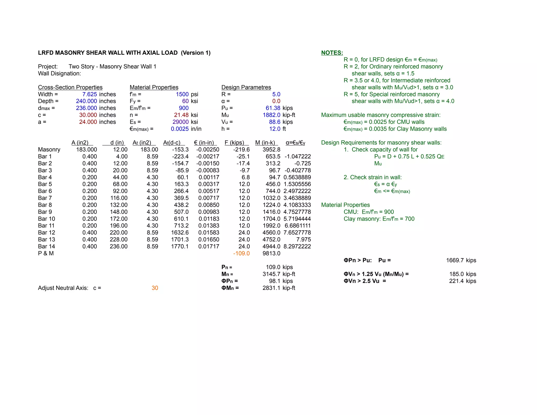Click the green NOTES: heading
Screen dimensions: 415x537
[x=332, y=53]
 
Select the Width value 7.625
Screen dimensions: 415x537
[x=89, y=94]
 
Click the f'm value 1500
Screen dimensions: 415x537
[x=182, y=94]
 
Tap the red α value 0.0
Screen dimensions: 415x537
[x=276, y=101]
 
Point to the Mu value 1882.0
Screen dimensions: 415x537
[x=271, y=115]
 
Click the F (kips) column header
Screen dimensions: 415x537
[x=234, y=143]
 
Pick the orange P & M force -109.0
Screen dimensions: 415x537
[x=241, y=253]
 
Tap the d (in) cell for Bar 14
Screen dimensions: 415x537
[x=119, y=247]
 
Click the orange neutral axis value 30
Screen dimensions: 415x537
[x=155, y=288]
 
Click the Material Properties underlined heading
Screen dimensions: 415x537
[x=154, y=87]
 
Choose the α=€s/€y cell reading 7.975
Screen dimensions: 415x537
[x=303, y=240]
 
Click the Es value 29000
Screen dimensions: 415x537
[x=180, y=122]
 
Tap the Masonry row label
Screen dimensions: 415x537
[x=49, y=150]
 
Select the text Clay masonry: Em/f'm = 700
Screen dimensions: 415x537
[x=379, y=219]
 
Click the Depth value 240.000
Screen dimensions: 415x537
[x=86, y=101]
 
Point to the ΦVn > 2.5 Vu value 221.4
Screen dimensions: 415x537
[x=456, y=281]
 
